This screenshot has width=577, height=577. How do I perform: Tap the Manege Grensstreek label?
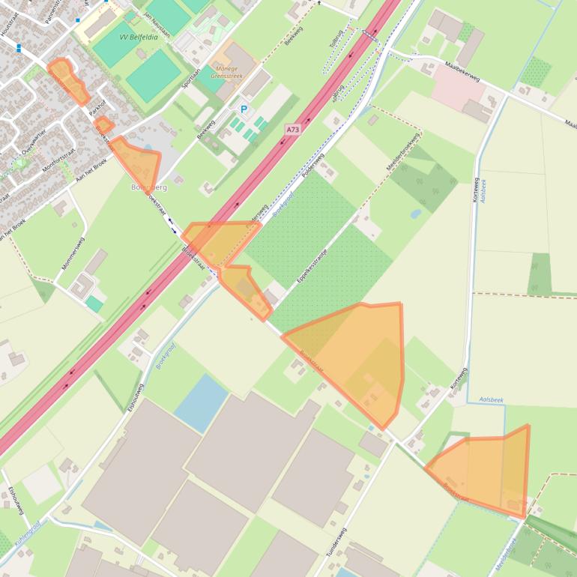[x=227, y=70]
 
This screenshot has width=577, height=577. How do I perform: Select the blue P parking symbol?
[x=244, y=109]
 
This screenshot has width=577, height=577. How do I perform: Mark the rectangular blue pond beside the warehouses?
[x=201, y=402]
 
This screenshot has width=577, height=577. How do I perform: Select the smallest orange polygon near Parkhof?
[x=104, y=125]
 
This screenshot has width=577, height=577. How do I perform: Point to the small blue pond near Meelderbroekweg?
[x=415, y=213]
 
